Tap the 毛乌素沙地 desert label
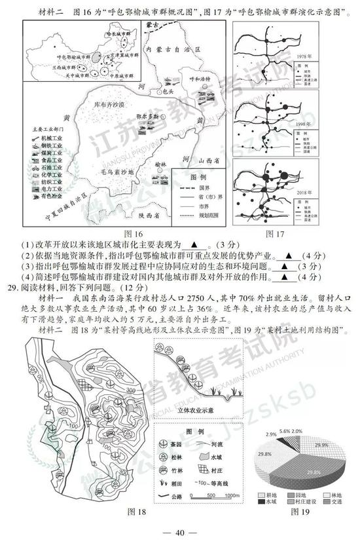117,172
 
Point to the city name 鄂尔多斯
155,116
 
